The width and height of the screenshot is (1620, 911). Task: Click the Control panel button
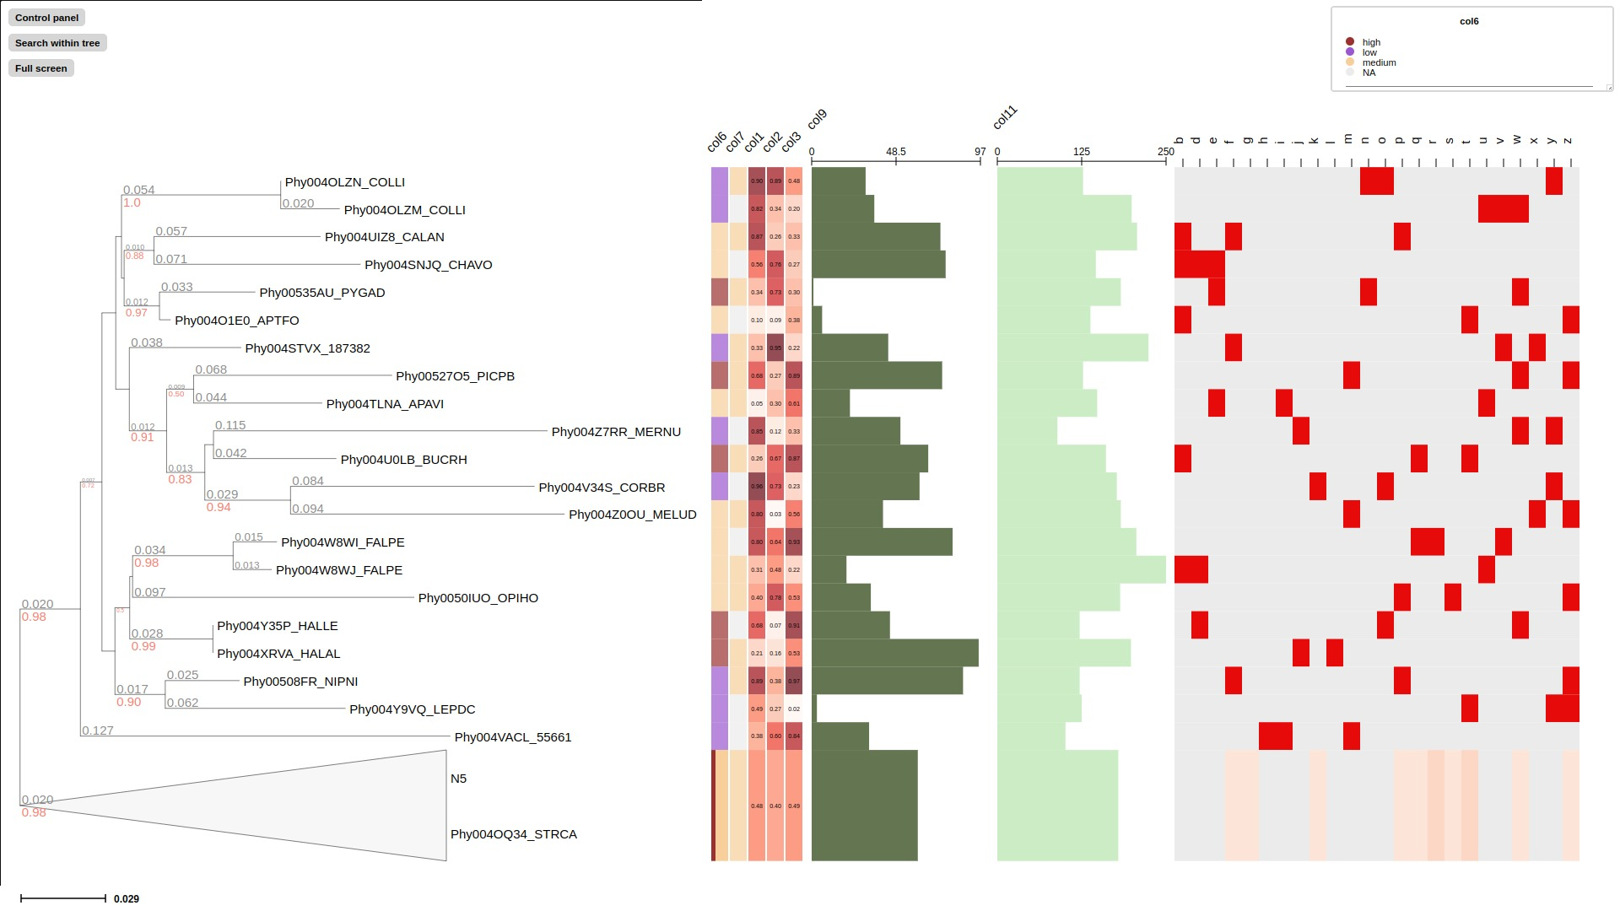pos(46,18)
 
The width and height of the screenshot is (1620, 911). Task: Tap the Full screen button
pos(40,68)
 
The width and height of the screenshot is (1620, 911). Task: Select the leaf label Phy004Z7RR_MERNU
pos(616,432)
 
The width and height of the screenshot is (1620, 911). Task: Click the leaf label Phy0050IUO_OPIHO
pos(478,598)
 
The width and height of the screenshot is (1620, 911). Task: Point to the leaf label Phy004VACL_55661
pos(512,737)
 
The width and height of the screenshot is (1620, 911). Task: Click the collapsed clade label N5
pos(458,779)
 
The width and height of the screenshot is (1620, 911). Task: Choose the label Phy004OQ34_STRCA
pos(513,834)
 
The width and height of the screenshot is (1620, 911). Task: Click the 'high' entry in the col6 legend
pos(1371,42)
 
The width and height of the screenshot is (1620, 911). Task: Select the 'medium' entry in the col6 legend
pos(1379,62)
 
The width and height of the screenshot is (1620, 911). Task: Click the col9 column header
pos(817,120)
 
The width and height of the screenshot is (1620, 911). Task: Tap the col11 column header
pos(1005,118)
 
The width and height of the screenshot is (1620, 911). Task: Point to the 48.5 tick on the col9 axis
pos(895,152)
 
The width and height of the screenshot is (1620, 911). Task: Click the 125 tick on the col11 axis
pos(1081,152)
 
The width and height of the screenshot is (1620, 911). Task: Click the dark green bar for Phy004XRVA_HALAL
pos(894,653)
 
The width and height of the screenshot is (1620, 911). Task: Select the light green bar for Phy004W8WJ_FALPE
pos(1081,570)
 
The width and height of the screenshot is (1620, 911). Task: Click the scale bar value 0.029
pos(127,899)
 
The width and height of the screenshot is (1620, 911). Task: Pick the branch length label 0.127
pos(98,730)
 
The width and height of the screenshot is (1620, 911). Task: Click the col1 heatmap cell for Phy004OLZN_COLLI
pos(757,181)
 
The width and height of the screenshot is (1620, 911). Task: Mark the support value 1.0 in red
pos(132,203)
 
